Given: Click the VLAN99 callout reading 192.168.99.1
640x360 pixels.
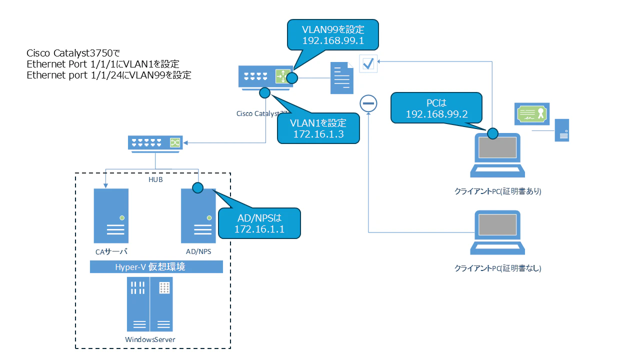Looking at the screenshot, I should (332, 33).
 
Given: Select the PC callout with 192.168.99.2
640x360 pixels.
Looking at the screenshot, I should (436, 107).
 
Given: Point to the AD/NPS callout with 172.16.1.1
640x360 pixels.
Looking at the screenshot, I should (259, 223).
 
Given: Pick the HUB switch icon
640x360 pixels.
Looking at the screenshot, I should (154, 143).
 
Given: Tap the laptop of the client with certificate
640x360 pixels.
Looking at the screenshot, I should (497, 155).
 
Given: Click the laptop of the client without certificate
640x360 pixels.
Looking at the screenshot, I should (497, 233).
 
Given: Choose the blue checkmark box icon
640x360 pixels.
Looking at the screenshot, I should (368, 63).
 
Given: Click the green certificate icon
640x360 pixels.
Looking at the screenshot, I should (532, 114).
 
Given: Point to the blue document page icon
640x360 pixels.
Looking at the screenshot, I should (341, 78).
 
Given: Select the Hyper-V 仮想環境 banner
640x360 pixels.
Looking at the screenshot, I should (156, 267).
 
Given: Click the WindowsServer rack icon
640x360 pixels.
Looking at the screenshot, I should (150, 305).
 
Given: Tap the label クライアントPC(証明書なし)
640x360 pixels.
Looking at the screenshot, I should (497, 268).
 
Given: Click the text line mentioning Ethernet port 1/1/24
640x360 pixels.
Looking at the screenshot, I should (109, 75).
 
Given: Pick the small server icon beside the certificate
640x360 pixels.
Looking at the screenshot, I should (562, 130).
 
